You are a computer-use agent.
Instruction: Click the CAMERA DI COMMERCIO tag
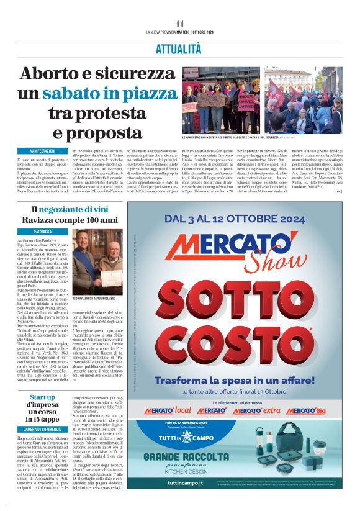point(42,411)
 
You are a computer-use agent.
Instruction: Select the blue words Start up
point(42,379)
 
